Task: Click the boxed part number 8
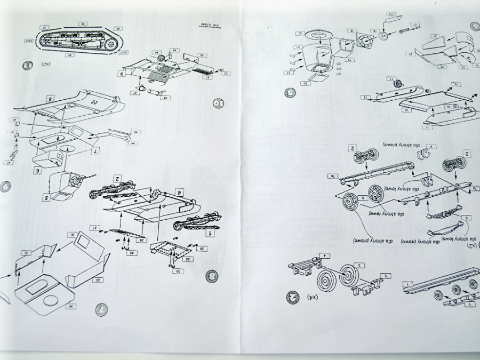coord(49,99)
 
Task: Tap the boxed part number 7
coord(94,152)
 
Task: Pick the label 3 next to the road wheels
coord(361,265)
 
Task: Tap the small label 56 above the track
coord(83,24)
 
